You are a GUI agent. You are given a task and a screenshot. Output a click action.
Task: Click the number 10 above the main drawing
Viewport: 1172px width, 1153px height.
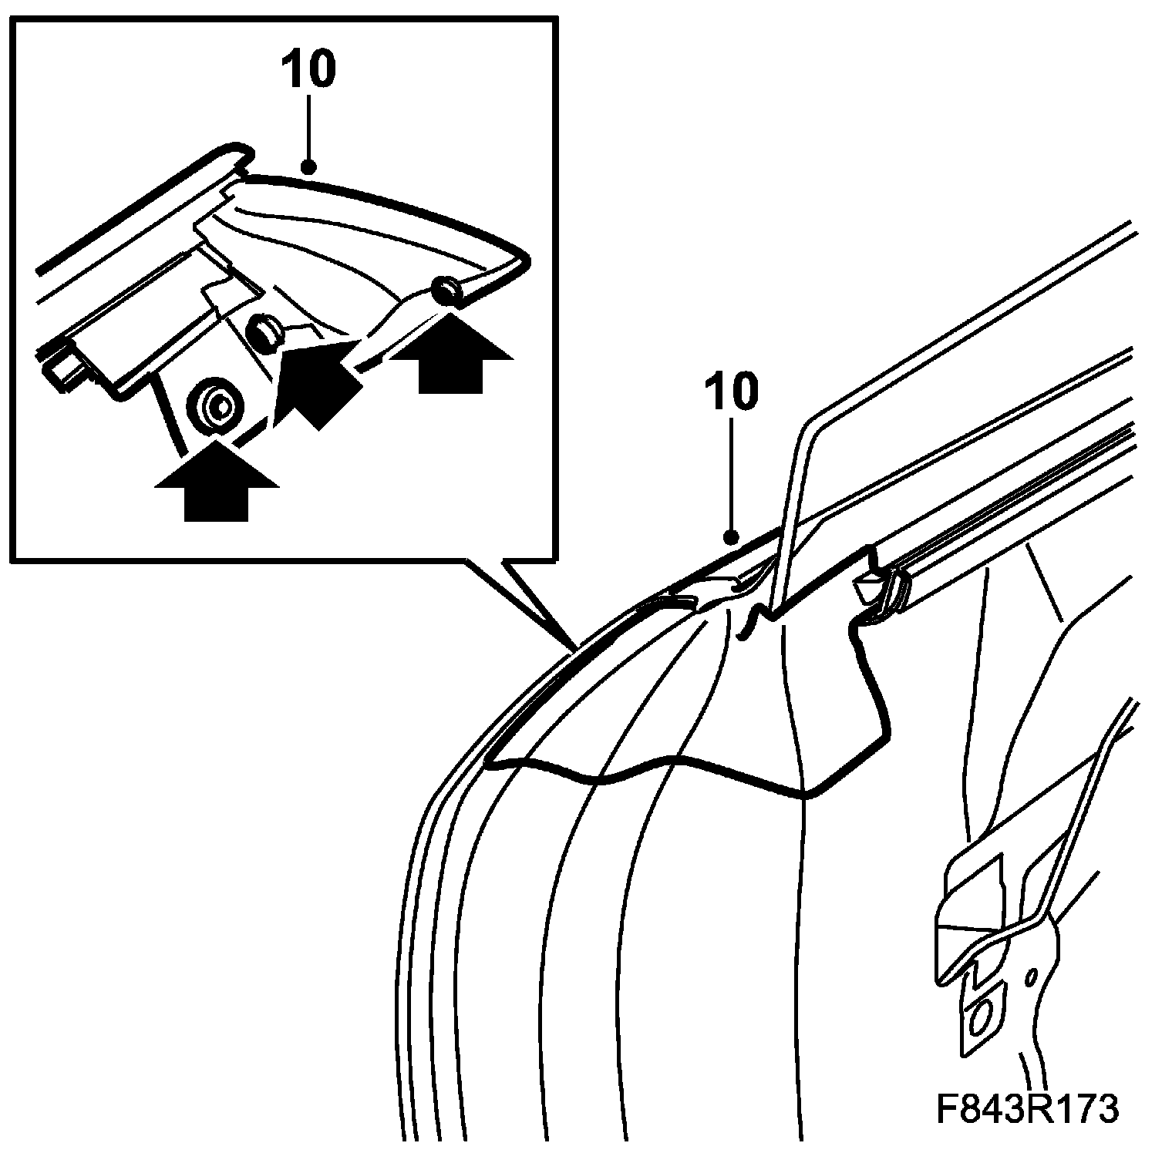point(730,392)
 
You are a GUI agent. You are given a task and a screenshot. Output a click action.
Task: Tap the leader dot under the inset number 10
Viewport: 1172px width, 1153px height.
point(309,166)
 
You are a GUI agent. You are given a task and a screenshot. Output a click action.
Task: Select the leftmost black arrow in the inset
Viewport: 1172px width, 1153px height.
point(216,482)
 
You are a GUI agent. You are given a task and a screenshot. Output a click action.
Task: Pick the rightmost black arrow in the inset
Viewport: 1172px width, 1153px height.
point(451,358)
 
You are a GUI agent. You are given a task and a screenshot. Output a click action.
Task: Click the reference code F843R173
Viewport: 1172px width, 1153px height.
point(1025,1110)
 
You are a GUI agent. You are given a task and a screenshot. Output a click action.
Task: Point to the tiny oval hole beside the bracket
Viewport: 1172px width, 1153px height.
point(1030,977)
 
